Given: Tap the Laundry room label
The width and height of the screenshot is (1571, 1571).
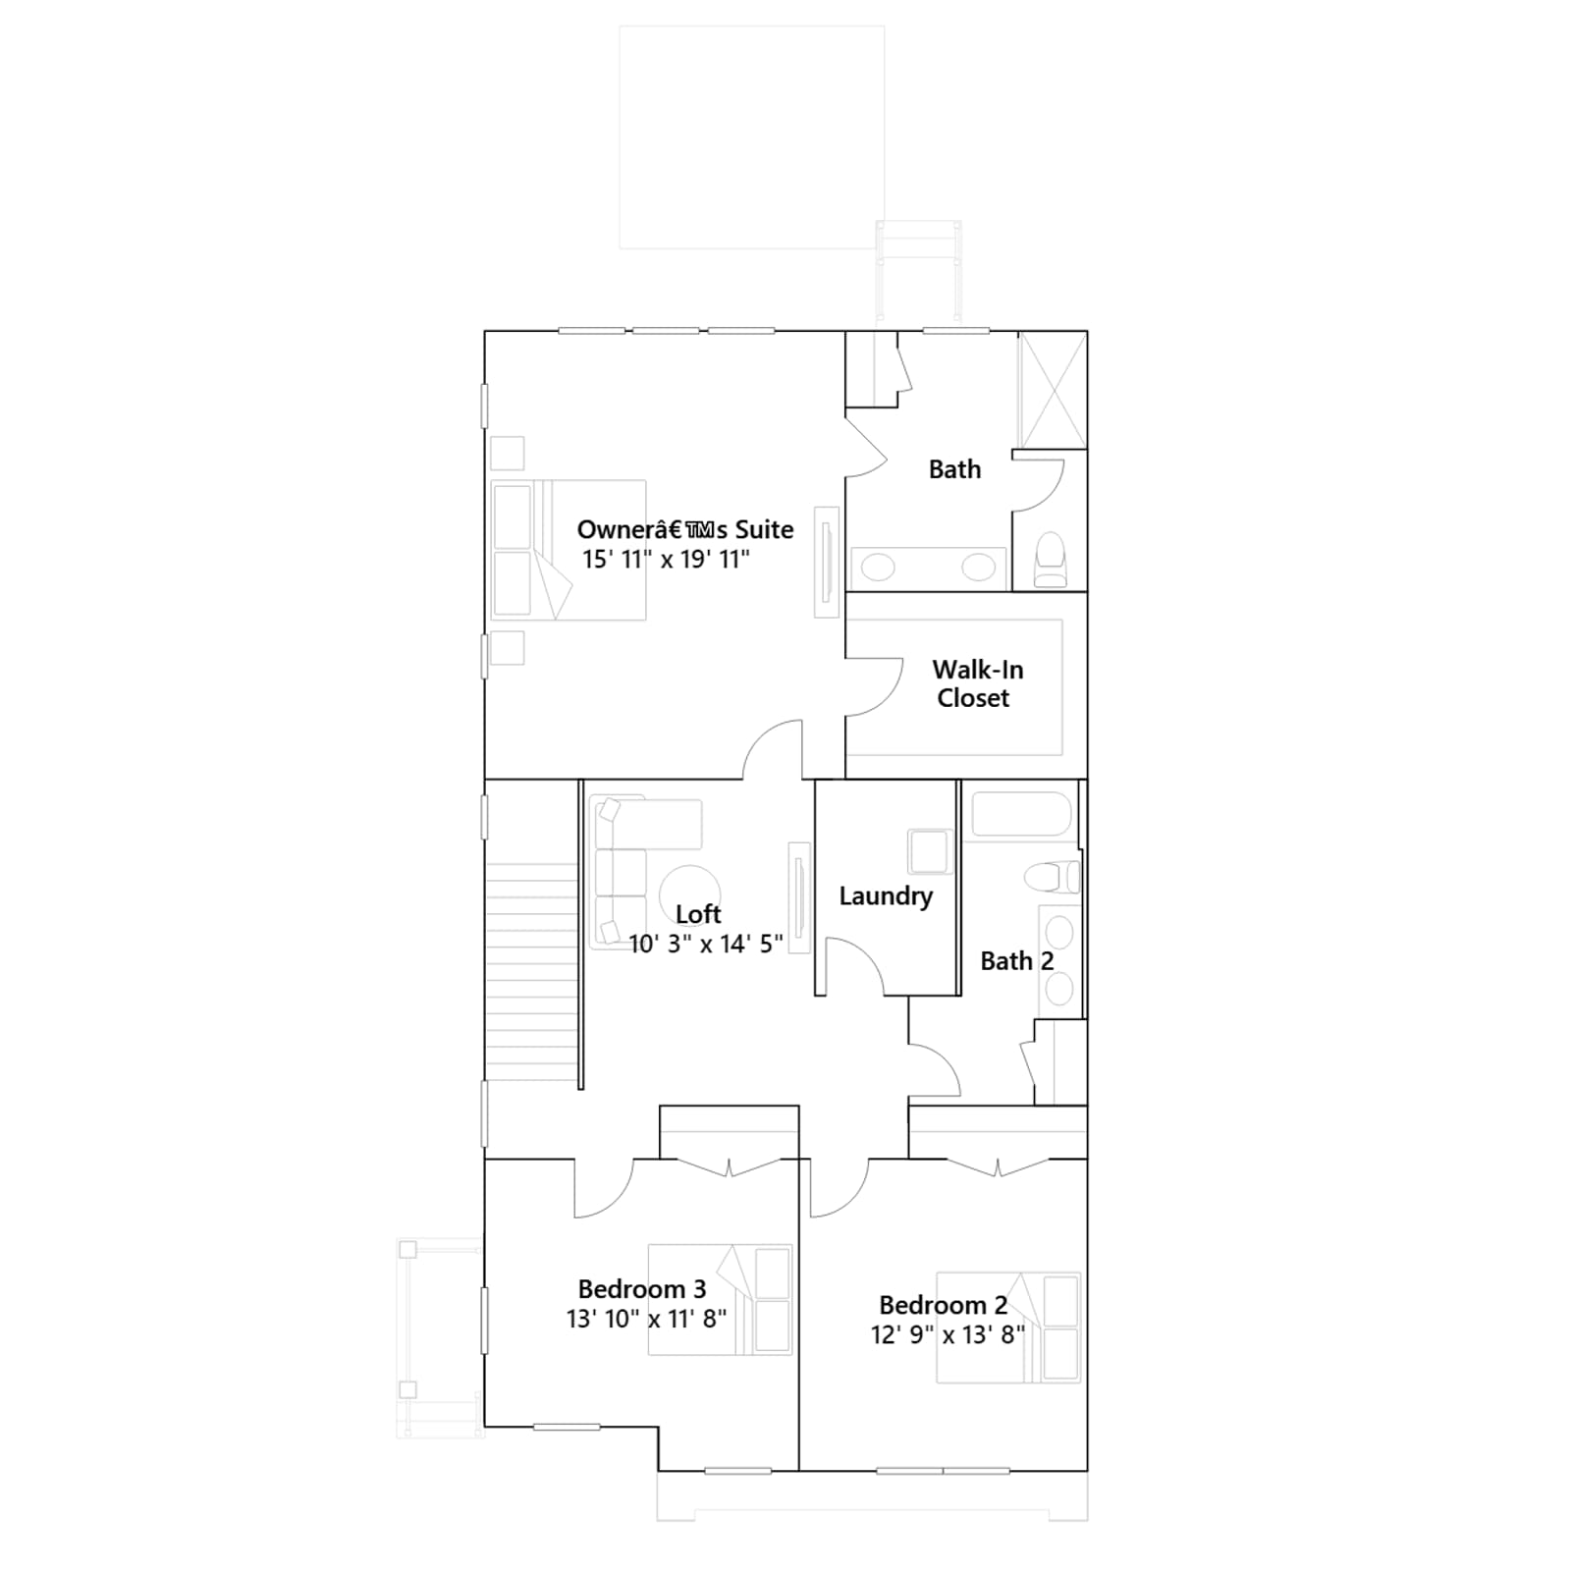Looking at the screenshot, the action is tap(886, 896).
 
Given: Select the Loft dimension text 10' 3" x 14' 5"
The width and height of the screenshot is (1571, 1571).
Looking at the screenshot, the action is tap(705, 945).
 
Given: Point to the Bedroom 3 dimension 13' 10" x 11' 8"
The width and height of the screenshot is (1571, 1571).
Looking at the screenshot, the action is tap(646, 1319).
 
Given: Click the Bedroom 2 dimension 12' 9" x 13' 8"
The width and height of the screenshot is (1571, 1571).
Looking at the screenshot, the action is tap(948, 1335).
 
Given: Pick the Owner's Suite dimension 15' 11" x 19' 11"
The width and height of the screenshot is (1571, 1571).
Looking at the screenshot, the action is tap(666, 560).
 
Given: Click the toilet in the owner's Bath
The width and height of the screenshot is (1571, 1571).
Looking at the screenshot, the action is tap(1051, 560).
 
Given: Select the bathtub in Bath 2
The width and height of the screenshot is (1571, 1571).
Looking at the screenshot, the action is tap(1021, 815).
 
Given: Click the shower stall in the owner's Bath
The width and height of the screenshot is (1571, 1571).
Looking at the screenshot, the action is tap(1053, 390).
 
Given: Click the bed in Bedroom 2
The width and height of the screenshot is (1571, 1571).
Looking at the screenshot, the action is tap(1008, 1327).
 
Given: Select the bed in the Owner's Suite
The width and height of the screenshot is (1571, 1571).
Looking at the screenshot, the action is tap(569, 550).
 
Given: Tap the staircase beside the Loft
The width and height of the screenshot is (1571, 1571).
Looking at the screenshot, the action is tap(531, 972).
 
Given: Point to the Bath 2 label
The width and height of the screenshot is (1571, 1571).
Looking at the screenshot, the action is tap(1017, 961).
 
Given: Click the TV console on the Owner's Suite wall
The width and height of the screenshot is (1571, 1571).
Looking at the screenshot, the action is tap(827, 562).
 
